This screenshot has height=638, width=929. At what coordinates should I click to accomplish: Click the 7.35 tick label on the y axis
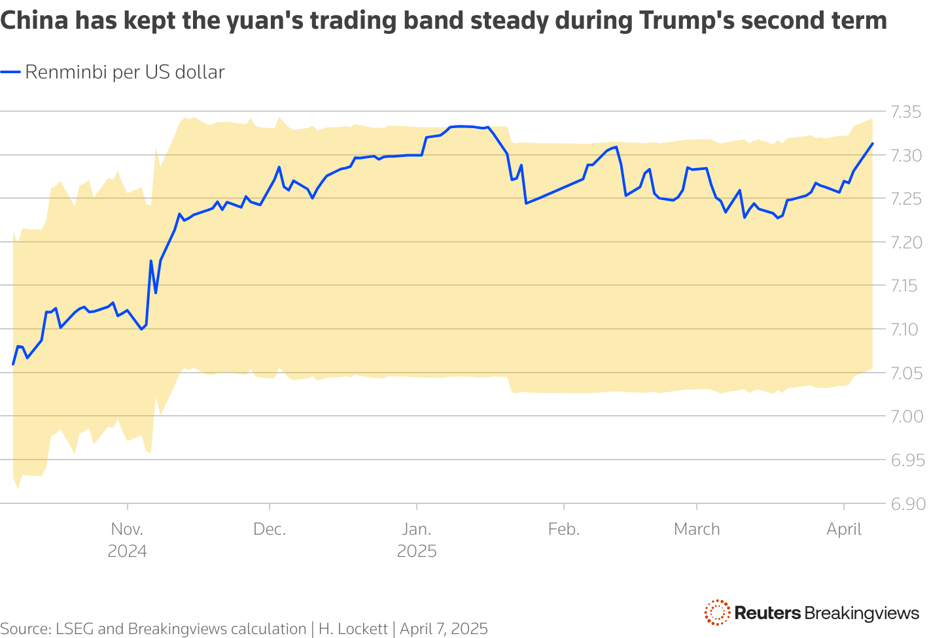(x=905, y=112)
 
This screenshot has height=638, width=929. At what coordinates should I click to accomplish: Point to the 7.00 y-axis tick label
(x=905, y=416)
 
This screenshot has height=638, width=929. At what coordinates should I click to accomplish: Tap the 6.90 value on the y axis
(x=905, y=504)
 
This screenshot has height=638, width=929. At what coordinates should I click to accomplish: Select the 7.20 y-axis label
(x=905, y=243)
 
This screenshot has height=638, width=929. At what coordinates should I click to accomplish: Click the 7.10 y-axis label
(x=905, y=329)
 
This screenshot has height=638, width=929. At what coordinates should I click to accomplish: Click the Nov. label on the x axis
(x=127, y=529)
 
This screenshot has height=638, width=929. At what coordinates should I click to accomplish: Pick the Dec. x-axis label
(x=270, y=529)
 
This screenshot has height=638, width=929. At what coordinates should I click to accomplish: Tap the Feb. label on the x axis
(x=564, y=529)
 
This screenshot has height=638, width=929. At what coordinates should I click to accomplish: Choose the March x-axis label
(x=697, y=529)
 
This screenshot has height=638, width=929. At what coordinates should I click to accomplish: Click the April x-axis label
(x=844, y=529)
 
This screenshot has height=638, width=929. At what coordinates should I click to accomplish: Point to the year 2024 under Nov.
(x=127, y=551)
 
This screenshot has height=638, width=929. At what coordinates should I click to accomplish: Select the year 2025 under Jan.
(x=417, y=551)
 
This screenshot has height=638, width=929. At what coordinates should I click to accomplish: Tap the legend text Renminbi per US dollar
(x=124, y=72)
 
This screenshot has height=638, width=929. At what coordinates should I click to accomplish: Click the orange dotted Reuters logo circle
(x=717, y=613)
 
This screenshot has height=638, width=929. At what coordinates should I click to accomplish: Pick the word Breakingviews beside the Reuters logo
(x=862, y=613)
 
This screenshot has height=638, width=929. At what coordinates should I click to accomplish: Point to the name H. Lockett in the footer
(x=353, y=629)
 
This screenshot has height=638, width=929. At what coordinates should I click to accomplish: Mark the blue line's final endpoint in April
(x=873, y=143)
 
